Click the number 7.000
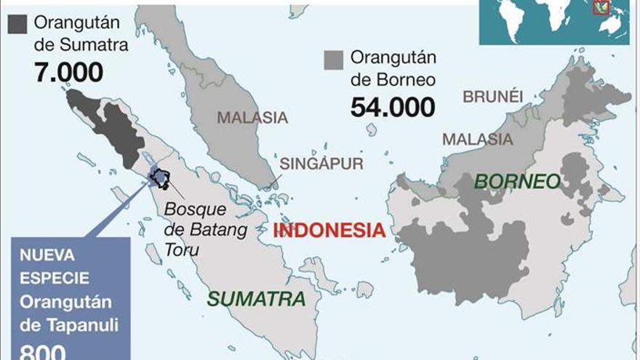(x=68, y=71)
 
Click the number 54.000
(x=393, y=106)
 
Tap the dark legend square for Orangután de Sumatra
(x=17, y=23)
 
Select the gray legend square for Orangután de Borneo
(x=334, y=60)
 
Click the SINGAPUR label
(x=321, y=164)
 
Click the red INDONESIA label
(x=329, y=231)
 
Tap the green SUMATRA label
(x=256, y=298)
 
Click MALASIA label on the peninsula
(x=252, y=117)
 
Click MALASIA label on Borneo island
(x=477, y=139)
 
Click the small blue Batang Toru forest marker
(x=159, y=177)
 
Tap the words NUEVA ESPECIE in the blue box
(x=55, y=267)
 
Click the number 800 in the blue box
(x=43, y=351)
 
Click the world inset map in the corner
(x=553, y=22)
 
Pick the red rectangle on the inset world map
(x=601, y=8)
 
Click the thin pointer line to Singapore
(x=274, y=181)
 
